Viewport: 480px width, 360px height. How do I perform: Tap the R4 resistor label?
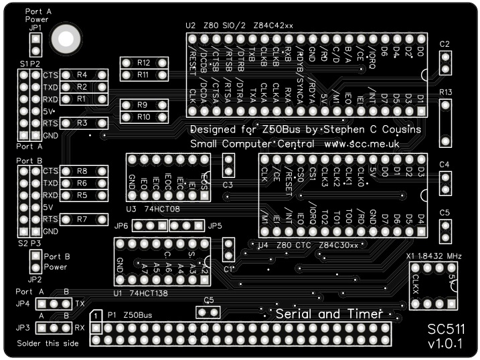point(82,75)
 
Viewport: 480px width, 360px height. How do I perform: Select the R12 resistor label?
point(143,62)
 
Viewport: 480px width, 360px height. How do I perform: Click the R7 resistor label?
point(82,219)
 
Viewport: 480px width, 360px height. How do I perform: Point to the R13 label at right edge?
point(446,92)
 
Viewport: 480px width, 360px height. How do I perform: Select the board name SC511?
point(447,329)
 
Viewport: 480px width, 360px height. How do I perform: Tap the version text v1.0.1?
point(447,344)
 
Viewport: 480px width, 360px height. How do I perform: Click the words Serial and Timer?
point(329,313)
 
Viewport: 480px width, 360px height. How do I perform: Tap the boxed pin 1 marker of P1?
point(96,315)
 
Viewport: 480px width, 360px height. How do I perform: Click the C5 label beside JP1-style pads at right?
point(445,212)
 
